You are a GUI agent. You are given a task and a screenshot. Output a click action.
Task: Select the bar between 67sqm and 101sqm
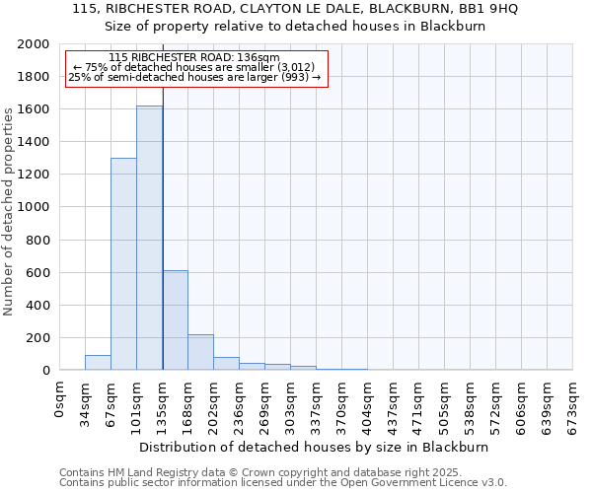point(123,264)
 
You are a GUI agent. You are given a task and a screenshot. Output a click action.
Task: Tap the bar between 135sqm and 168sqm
point(175,320)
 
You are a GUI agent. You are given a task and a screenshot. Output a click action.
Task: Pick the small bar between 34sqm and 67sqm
point(98,362)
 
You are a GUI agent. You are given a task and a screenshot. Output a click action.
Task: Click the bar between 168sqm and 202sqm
point(200,352)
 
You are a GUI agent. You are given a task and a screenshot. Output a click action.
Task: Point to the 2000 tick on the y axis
point(36,44)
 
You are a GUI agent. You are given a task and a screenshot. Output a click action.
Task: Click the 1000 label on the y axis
point(36,207)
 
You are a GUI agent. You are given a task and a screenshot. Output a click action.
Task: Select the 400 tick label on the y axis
point(39,306)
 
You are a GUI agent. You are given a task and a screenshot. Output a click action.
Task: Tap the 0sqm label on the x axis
point(60,396)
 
